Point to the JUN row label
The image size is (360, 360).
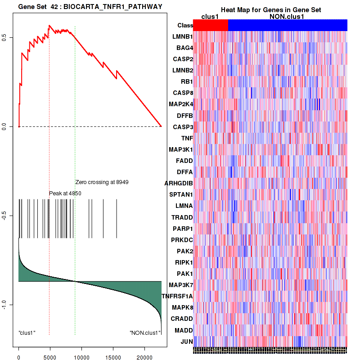pyautogui.click(x=186, y=341)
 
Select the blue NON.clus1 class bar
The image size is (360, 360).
pyautogui.click(x=288, y=25)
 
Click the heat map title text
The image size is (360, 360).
pyautogui.click(x=270, y=10)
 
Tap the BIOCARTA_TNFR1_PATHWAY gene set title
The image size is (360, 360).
pyautogui.click(x=90, y=6)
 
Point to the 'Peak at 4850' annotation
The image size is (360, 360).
pyautogui.click(x=65, y=193)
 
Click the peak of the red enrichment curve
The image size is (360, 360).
pyautogui.click(x=49, y=26)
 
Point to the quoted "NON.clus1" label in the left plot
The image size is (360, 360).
pyautogui.click(x=145, y=333)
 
